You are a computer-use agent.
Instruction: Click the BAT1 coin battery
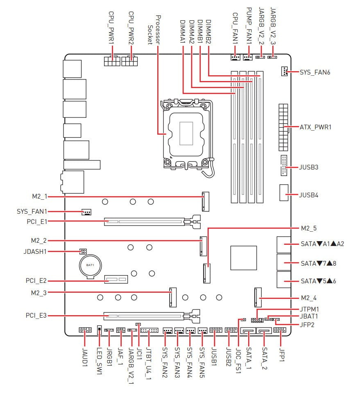pyautogui.click(x=90, y=266)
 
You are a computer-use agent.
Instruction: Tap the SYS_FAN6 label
pyautogui.click(x=315, y=72)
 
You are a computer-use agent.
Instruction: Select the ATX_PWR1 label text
pyautogui.click(x=316, y=127)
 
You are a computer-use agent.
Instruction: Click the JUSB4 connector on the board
pyautogui.click(x=284, y=192)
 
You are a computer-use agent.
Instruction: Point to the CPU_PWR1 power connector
pyautogui.click(x=112, y=61)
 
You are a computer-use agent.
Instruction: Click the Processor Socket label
pyautogui.click(x=154, y=30)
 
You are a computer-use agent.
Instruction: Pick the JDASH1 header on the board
pyautogui.click(x=83, y=251)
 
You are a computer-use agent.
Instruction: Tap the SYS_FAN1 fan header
pyautogui.click(x=87, y=212)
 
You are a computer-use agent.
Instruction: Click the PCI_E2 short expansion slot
pyautogui.click(x=116, y=279)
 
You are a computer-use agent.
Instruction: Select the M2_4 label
pyautogui.click(x=309, y=298)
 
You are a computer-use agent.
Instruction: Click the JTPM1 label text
pyautogui.click(x=310, y=309)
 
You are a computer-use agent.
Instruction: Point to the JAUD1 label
pyautogui.click(x=85, y=357)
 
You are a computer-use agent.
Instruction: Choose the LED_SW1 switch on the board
pyautogui.click(x=100, y=330)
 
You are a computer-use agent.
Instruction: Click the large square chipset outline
pyautogui.click(x=244, y=258)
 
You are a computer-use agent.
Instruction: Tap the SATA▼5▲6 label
pyautogui.click(x=319, y=281)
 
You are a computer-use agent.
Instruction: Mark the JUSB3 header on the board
pyautogui.click(x=284, y=165)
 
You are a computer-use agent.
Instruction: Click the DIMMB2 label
pyautogui.click(x=208, y=32)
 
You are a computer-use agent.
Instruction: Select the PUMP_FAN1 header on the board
pyautogui.click(x=247, y=57)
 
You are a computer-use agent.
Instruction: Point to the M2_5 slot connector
pyautogui.click(x=207, y=273)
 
